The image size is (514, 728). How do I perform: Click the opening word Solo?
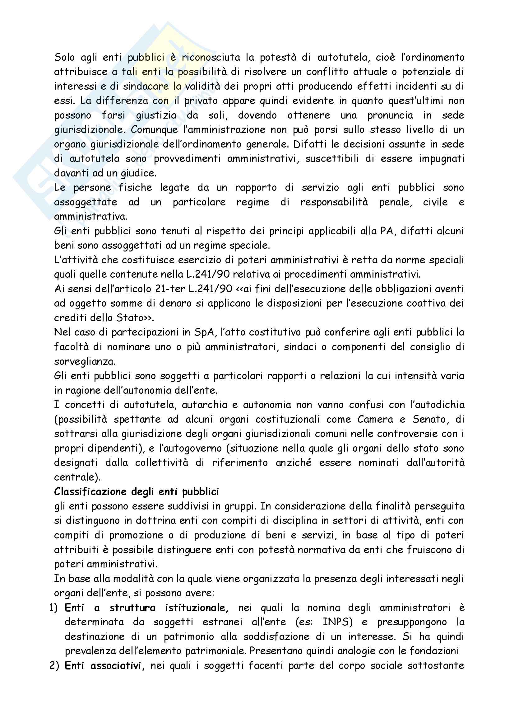pos(65,57)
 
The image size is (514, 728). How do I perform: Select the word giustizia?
pos(156,115)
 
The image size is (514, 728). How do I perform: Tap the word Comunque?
pos(154,130)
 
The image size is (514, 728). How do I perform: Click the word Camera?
pos(375,420)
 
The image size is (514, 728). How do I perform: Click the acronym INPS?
pos(337,622)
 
